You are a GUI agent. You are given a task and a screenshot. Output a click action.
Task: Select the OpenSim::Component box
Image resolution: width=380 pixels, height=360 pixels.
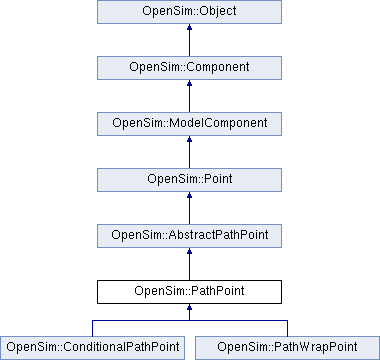190,68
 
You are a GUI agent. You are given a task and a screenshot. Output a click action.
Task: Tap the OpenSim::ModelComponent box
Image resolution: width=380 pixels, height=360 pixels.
190,124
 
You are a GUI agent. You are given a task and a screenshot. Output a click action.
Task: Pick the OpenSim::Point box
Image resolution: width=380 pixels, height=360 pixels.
190,180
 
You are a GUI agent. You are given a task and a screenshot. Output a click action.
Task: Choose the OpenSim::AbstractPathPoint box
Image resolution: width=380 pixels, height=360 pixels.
190,236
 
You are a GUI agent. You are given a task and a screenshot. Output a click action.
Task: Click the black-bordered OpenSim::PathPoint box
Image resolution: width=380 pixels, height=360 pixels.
190,292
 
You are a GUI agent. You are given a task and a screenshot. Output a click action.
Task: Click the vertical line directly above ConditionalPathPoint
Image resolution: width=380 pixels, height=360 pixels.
93,328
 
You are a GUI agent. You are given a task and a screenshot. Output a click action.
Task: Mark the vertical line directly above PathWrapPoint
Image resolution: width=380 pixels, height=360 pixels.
287,328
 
